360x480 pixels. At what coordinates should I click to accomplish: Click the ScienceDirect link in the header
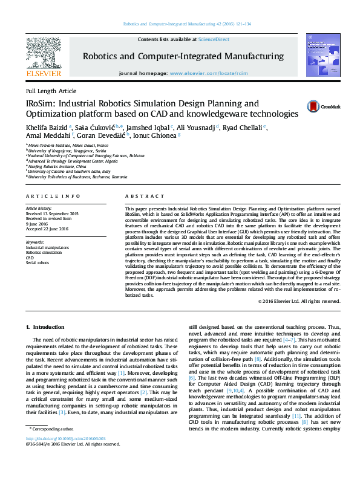tap(214, 39)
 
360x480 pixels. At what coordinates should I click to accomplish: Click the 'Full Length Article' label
tap(47, 90)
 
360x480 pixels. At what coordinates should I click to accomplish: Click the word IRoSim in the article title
tap(41, 103)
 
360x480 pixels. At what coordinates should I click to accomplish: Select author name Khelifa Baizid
tap(47, 128)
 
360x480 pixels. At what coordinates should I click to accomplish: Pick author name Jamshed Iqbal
tap(149, 128)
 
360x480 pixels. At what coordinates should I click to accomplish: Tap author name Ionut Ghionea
tap(159, 137)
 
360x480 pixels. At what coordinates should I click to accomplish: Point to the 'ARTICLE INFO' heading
tap(53, 196)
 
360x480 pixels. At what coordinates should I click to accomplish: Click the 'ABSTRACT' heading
tap(140, 196)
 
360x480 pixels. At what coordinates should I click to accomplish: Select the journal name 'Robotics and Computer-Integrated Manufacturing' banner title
tap(183, 56)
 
